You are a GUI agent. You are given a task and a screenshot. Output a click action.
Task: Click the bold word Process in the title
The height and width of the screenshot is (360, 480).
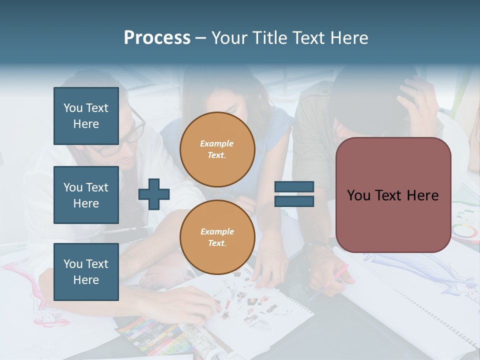tap(157, 38)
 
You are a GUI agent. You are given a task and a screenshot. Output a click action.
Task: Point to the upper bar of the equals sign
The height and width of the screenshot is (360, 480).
tap(294, 186)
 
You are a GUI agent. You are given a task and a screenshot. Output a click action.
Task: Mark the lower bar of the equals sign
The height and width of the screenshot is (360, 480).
tap(294, 201)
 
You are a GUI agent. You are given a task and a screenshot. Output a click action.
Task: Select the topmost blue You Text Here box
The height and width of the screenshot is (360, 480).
tap(86, 116)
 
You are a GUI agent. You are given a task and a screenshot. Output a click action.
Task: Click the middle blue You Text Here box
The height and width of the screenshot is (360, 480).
tap(86, 195)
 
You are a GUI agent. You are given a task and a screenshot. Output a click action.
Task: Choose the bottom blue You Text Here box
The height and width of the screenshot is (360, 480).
tap(86, 272)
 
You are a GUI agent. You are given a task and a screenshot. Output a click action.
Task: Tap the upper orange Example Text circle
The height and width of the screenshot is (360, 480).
tap(217, 149)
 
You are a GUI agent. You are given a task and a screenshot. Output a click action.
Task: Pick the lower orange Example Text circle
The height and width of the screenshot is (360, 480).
tap(217, 237)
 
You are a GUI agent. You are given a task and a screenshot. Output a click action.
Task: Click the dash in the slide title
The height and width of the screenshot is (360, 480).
tap(201, 38)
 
